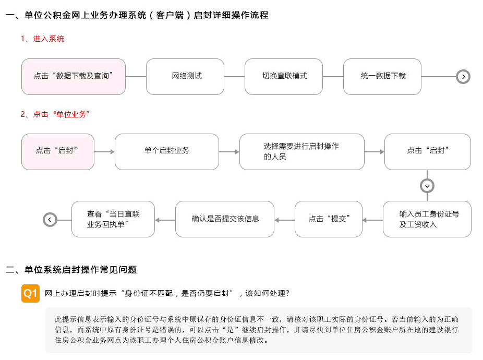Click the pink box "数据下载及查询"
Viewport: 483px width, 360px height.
click(74, 77)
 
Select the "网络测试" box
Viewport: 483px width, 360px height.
click(185, 77)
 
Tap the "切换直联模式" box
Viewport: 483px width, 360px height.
click(284, 77)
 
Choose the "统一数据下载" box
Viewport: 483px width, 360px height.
click(382, 77)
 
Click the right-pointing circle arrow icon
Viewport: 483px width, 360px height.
click(463, 77)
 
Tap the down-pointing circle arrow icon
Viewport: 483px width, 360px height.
click(427, 186)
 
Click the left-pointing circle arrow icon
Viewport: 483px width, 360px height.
click(50, 220)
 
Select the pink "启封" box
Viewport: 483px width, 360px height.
click(58, 152)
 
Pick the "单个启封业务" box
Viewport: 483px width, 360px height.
click(167, 152)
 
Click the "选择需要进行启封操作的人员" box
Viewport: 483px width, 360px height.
click(302, 152)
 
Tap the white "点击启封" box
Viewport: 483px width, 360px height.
click(428, 152)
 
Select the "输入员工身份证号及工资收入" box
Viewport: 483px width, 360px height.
click(427, 219)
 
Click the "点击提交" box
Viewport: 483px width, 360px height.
click(329, 219)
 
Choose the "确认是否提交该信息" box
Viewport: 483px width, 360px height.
click(225, 219)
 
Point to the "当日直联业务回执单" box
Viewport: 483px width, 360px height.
click(113, 219)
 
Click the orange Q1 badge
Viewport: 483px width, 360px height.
click(30, 293)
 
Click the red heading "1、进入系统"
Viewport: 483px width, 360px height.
click(42, 39)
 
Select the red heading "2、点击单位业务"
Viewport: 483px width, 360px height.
click(55, 114)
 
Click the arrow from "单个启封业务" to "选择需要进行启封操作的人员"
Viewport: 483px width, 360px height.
click(229, 152)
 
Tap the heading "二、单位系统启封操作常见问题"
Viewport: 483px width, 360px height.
click(71, 270)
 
